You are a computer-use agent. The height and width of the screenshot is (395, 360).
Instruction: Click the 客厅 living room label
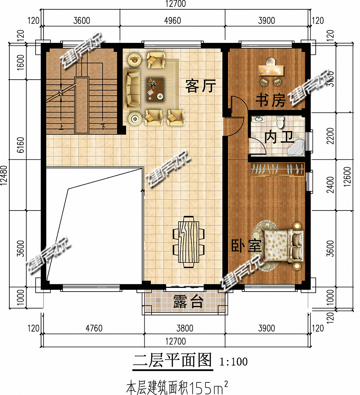point(201,86)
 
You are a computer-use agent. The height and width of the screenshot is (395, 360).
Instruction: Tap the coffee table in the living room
point(155,89)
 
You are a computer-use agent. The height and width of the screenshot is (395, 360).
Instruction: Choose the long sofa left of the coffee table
point(132,90)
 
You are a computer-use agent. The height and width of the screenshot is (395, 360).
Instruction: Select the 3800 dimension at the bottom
point(184,328)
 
